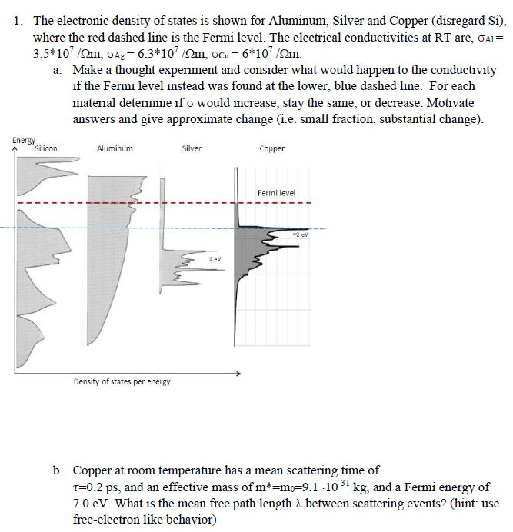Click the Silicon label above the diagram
click(x=45, y=148)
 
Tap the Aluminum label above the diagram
click(x=115, y=148)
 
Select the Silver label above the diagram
click(x=192, y=148)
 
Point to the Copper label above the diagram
click(x=272, y=148)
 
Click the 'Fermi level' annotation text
click(x=276, y=193)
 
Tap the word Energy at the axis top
click(x=24, y=140)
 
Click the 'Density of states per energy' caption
click(x=122, y=381)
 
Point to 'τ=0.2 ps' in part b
click(x=97, y=487)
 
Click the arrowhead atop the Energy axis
click(x=15, y=148)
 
